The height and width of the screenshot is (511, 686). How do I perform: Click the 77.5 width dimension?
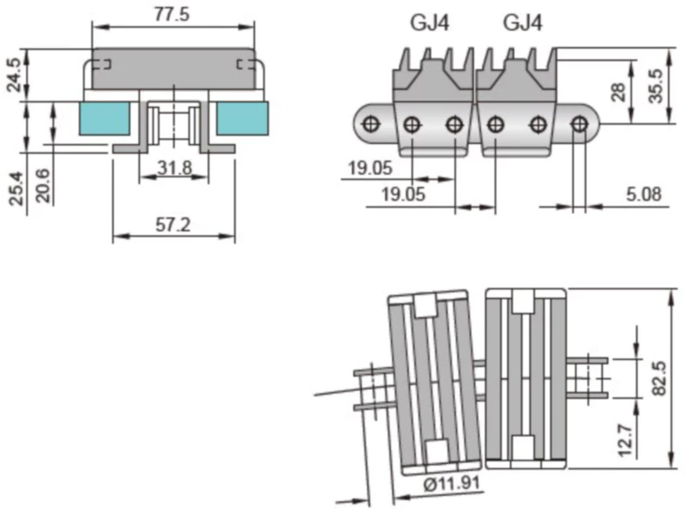(172, 15)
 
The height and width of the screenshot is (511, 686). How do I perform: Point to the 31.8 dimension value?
(174, 168)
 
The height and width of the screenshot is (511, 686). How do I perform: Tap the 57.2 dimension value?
(172, 225)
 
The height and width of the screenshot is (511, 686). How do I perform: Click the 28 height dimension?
(619, 93)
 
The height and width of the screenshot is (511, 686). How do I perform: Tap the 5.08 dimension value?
(643, 195)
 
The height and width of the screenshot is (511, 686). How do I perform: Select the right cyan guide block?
(242, 118)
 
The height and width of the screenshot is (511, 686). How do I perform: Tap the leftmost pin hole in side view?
(371, 124)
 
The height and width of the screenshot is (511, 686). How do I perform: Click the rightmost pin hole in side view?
(580, 124)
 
